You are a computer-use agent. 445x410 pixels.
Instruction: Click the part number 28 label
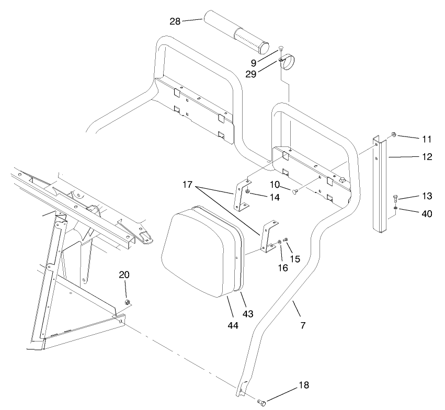[x=175, y=21]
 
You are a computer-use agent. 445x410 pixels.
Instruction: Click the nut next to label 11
[x=393, y=135]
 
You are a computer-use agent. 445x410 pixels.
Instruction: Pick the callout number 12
[x=427, y=156]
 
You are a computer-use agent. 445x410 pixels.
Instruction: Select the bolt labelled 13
[x=396, y=199]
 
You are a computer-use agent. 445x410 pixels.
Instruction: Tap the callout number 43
[x=248, y=313]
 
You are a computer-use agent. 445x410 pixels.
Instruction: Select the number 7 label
[x=303, y=325]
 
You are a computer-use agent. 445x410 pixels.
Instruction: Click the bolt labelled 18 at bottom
[x=262, y=402]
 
